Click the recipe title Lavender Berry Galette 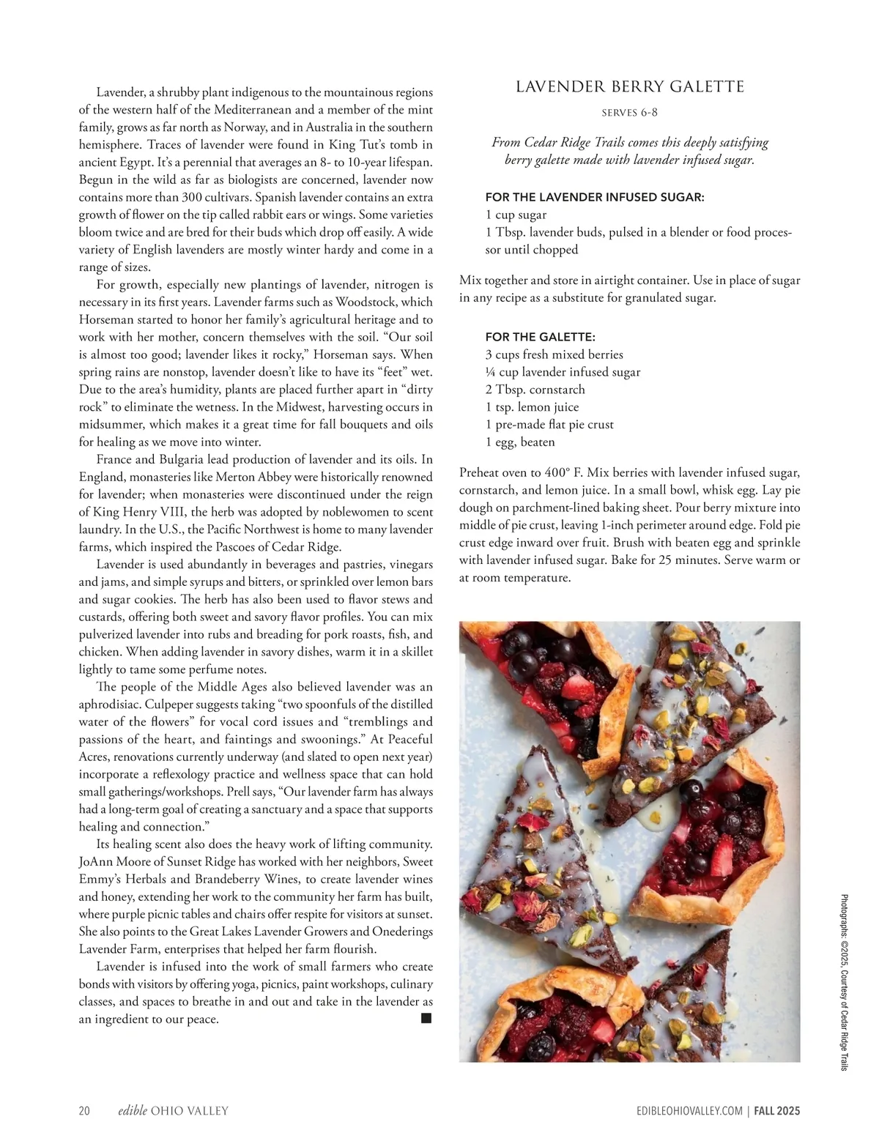point(630,87)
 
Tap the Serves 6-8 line point(630,113)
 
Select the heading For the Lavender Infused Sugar point(595,197)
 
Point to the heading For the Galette point(540,337)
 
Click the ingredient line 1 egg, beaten point(520,442)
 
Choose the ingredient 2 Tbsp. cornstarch point(535,390)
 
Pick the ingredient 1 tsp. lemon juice point(532,407)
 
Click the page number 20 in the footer point(84,1111)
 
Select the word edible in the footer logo point(133,1111)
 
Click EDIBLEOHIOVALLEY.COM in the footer point(689,1111)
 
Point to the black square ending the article point(426,1018)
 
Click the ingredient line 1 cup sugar point(516,215)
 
